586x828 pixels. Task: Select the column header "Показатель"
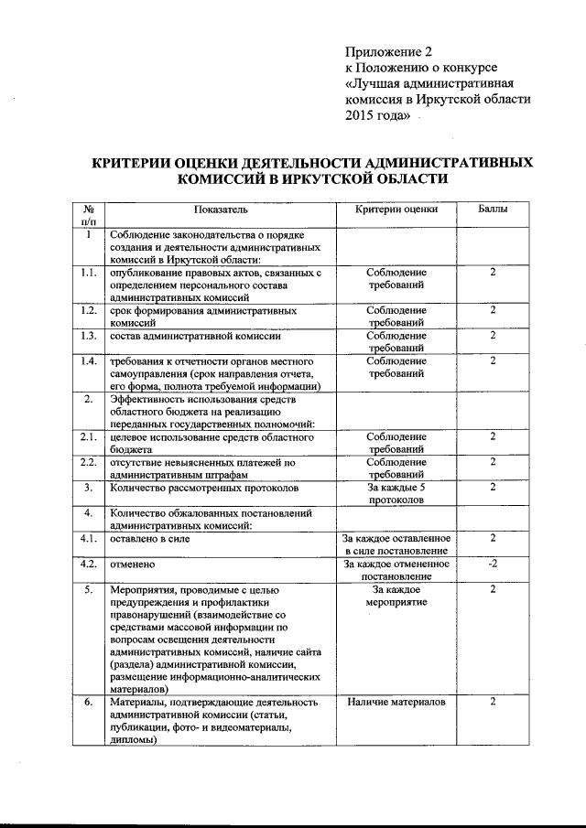point(222,210)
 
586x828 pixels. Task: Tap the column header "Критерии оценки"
point(396,210)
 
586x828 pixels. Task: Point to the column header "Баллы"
point(493,210)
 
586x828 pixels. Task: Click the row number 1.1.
point(88,273)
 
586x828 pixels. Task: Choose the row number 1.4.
point(88,361)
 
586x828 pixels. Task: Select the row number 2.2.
point(88,462)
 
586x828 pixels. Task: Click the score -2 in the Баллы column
point(493,563)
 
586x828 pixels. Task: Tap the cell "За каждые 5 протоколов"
point(396,494)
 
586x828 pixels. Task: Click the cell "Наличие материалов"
point(396,702)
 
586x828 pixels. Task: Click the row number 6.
point(88,702)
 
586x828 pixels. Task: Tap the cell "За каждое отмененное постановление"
point(396,570)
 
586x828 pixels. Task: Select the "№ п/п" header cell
point(88,215)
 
